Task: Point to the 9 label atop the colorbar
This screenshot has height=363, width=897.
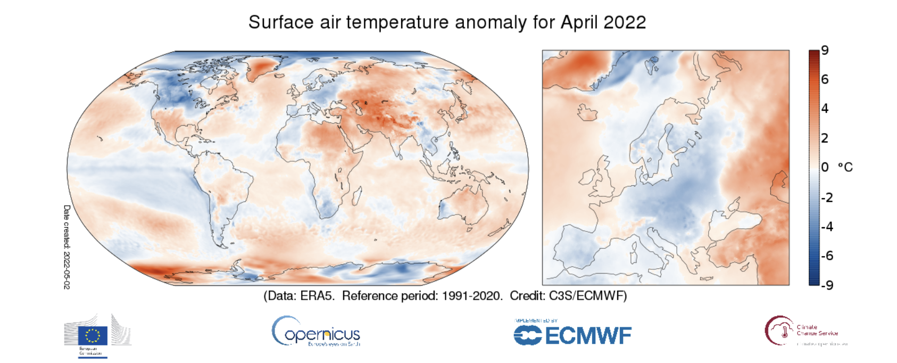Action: point(825,51)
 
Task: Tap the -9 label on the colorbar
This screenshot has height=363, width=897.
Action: point(827,285)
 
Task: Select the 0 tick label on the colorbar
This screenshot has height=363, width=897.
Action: point(825,167)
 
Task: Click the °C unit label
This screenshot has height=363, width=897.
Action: point(845,167)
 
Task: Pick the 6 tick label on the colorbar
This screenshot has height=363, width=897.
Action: point(825,79)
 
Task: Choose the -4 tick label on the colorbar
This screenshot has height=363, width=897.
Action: point(827,227)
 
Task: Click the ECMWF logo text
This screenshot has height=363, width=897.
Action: point(588,336)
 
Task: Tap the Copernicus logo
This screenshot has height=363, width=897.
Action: point(316,332)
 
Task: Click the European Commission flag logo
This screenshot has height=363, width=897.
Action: point(94,335)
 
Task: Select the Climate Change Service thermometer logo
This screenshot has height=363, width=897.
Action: point(780,331)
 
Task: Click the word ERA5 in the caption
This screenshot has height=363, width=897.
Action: point(318,296)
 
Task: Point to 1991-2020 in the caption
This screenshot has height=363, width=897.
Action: point(470,296)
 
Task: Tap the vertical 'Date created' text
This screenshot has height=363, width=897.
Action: point(67,246)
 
